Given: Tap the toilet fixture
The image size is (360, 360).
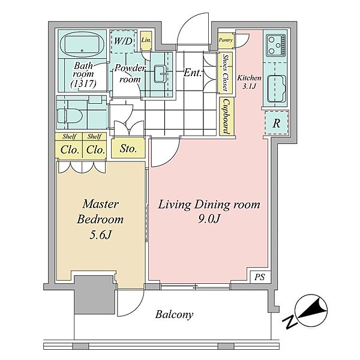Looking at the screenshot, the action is click(70, 115).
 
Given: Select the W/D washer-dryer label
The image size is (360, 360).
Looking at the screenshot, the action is click(123, 41).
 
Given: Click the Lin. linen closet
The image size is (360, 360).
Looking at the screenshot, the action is click(146, 40).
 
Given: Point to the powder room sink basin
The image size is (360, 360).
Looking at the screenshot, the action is click(160, 74).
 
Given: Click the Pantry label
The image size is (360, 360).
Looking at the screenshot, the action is click(226, 40).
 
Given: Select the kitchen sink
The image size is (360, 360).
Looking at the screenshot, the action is click(277, 89).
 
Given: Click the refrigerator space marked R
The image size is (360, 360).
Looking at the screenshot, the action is click(277, 123).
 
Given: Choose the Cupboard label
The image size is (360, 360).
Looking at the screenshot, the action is click(226, 116).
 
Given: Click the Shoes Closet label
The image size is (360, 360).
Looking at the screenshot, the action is click(226, 73).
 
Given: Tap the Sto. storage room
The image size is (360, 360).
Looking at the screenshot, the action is click(128, 149).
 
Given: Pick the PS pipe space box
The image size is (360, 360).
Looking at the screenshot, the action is click(260, 277).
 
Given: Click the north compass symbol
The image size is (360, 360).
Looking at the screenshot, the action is click(311, 311).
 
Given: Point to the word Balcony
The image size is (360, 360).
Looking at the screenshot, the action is click(174, 314).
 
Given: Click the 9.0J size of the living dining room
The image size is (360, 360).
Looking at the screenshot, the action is click(209, 218).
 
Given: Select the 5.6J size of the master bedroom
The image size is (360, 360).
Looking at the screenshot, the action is click(100, 235).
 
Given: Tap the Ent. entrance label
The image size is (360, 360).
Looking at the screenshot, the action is click(193, 73).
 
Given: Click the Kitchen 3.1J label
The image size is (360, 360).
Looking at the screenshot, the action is click(249, 82).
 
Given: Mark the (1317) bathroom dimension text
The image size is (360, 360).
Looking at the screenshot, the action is click(83, 83).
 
